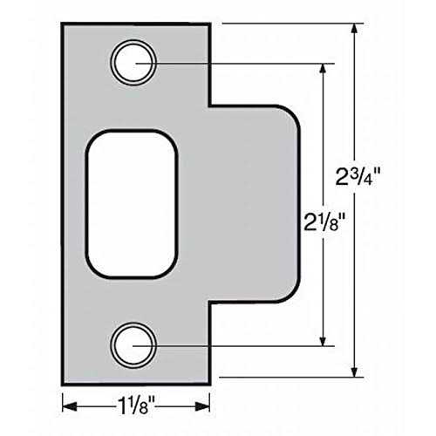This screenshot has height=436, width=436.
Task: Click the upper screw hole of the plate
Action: pos(133,63)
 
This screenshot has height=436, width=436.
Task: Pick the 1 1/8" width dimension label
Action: pos(136,404)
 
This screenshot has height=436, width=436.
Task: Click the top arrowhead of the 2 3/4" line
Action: pos(355,29)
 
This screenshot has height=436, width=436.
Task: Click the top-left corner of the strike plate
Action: pos(64,24)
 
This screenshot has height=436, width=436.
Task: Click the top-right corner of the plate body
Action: pos(209,24)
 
